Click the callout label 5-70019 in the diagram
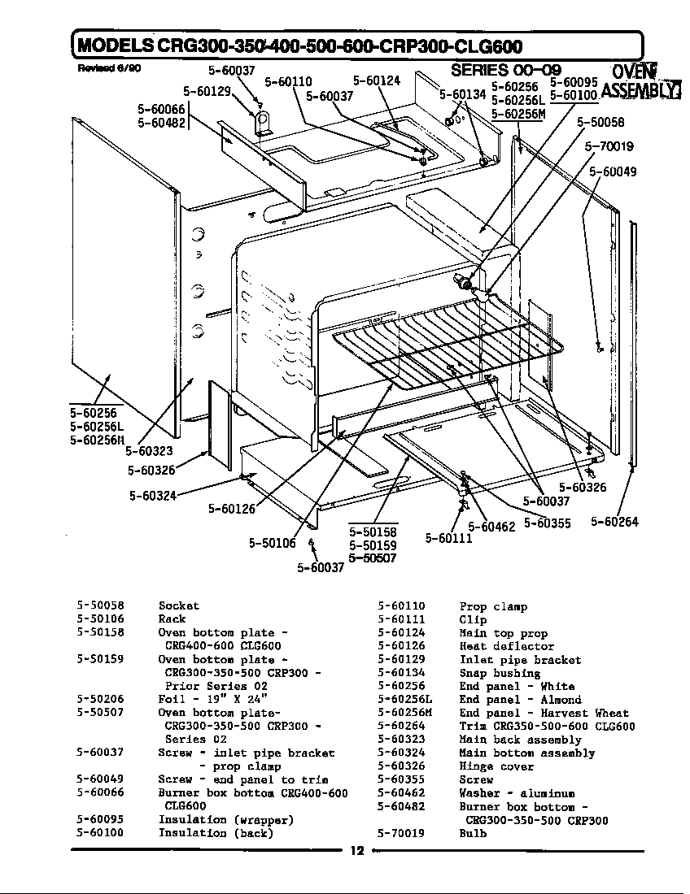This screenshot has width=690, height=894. pyautogui.click(x=609, y=147)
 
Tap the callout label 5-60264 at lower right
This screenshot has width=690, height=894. pyautogui.click(x=614, y=522)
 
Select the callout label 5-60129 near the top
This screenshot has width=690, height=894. pyautogui.click(x=208, y=91)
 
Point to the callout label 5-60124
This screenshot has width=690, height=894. pyautogui.click(x=377, y=81)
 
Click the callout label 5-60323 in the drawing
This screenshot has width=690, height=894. pyautogui.click(x=150, y=451)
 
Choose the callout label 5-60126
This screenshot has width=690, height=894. pyautogui.click(x=232, y=509)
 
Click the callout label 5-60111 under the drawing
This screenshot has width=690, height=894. pyautogui.click(x=448, y=538)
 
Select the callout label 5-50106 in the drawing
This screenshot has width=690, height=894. pyautogui.click(x=272, y=543)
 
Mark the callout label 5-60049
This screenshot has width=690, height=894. pyautogui.click(x=613, y=171)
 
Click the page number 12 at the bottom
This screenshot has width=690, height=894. pyautogui.click(x=356, y=851)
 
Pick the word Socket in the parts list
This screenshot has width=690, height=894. pyautogui.click(x=178, y=605)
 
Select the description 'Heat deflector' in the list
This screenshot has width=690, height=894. pyautogui.click(x=495, y=646)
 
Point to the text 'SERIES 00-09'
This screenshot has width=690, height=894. pyautogui.click(x=505, y=70)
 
